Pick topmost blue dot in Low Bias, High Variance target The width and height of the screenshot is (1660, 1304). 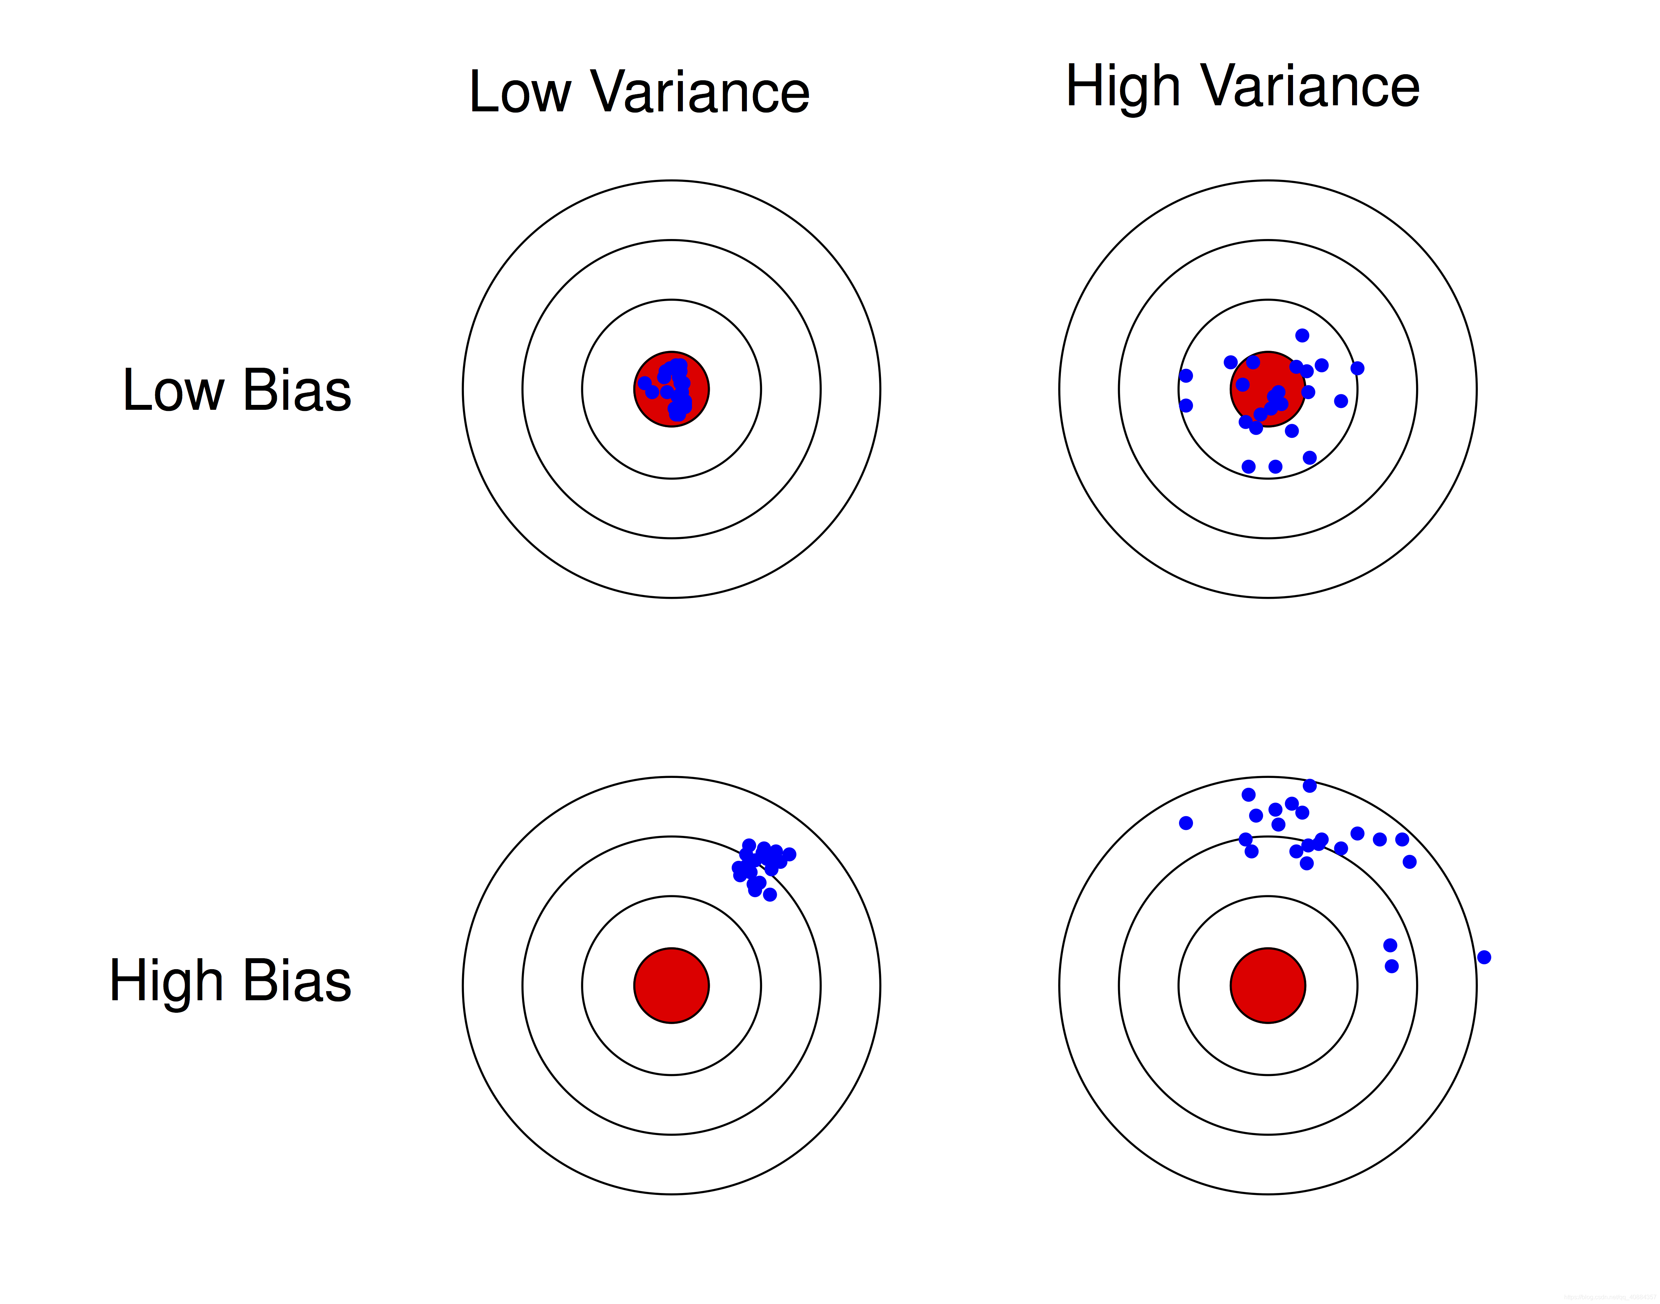coord(1302,335)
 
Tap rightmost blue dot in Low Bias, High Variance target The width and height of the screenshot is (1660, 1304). coord(1357,368)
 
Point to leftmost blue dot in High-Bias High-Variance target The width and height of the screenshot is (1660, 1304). coord(1186,823)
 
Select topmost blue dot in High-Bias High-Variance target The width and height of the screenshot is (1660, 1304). coord(1310,786)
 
